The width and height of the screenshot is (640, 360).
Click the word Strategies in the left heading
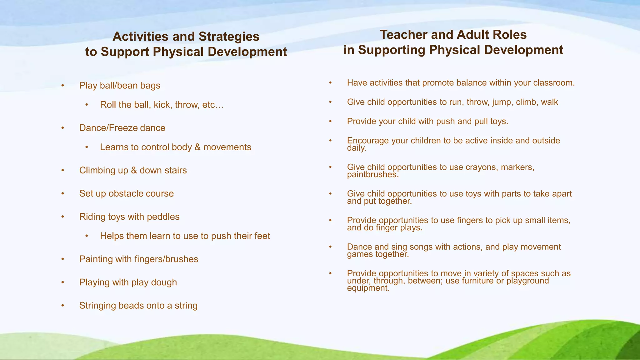click(229, 37)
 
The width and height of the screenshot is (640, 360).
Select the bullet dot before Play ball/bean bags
click(63, 85)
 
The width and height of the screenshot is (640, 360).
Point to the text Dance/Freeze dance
click(122, 128)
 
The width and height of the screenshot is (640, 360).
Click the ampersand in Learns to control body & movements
click(197, 147)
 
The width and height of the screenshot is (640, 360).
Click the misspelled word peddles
click(163, 217)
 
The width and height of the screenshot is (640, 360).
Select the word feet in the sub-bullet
click(262, 236)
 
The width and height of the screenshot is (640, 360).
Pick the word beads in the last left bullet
click(131, 305)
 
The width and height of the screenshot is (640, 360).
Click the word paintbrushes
click(372, 174)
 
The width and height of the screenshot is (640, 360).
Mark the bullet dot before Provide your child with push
click(330, 121)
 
